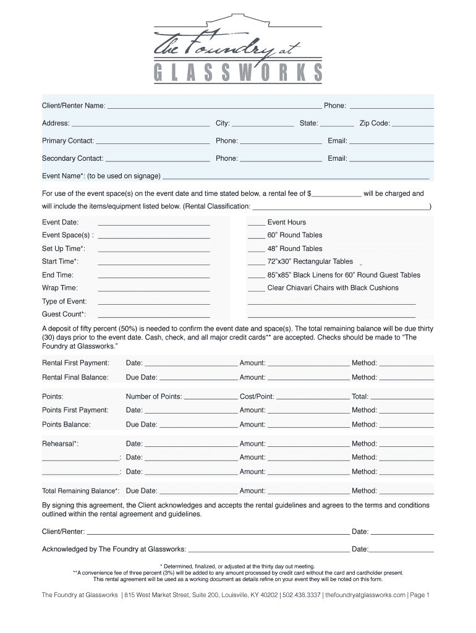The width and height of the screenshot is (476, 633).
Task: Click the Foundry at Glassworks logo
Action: (x=238, y=49)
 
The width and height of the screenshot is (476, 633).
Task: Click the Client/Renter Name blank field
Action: (x=214, y=106)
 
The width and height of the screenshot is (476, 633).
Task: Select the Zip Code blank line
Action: (x=413, y=124)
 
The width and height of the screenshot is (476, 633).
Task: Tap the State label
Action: (x=308, y=124)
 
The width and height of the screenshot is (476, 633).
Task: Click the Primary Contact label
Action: (x=68, y=141)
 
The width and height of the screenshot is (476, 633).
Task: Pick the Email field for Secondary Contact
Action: (x=391, y=159)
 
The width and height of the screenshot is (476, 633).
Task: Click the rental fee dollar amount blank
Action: (x=337, y=194)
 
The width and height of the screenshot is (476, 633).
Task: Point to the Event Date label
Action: (x=60, y=223)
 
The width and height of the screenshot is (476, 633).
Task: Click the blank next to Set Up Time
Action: (x=154, y=249)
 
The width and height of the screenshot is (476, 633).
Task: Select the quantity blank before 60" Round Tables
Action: (x=256, y=236)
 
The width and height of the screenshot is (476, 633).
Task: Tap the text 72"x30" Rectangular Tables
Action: (x=310, y=261)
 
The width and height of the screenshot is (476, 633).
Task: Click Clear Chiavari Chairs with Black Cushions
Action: (x=333, y=288)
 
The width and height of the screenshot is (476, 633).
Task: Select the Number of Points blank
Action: (x=211, y=397)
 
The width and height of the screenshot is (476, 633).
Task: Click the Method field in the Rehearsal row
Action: (x=406, y=444)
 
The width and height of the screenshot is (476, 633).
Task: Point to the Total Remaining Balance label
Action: (x=80, y=491)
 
